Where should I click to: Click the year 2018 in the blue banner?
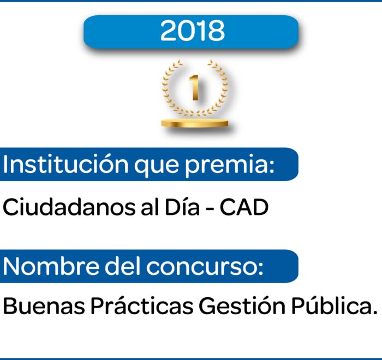pyautogui.click(x=192, y=31)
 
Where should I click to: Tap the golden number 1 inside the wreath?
pyautogui.click(x=194, y=87)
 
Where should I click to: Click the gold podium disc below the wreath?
pyautogui.click(x=195, y=123)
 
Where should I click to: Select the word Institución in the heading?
pyautogui.click(x=65, y=164)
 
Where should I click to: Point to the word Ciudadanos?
pyautogui.click(x=69, y=207)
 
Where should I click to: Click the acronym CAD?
pyautogui.click(x=244, y=207)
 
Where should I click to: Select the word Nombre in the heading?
pyautogui.click(x=52, y=266)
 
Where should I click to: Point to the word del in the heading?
pyautogui.click(x=123, y=266)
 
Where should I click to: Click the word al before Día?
pyautogui.click(x=150, y=207)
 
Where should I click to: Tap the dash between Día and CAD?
pyautogui.click(x=209, y=209)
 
